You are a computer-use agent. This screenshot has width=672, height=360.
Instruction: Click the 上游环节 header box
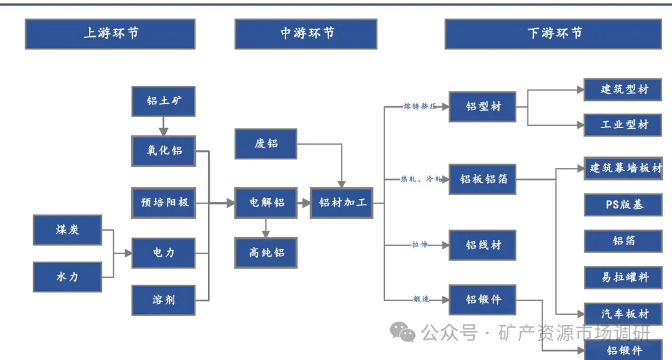pyautogui.click(x=110, y=34)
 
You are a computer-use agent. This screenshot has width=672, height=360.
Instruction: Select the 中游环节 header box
pyautogui.click(x=306, y=34)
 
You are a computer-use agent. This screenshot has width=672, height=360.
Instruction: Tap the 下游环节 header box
pyautogui.click(x=553, y=34)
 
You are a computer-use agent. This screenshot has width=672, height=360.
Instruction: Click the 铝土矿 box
pyautogui.click(x=164, y=101)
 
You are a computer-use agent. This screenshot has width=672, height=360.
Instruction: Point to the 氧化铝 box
pyautogui.click(x=164, y=150)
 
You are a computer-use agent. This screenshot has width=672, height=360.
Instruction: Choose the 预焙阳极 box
pyautogui.click(x=164, y=203)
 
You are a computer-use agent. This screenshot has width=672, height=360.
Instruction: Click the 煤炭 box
pyautogui.click(x=67, y=230)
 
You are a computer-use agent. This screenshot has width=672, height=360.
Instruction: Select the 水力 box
pyautogui.click(x=67, y=277)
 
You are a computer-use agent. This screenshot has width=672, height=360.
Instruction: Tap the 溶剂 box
pyautogui.click(x=164, y=300)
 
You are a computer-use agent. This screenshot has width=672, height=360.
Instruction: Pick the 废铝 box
pyautogui.click(x=266, y=144)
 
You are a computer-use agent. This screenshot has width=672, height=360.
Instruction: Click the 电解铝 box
pyautogui.click(x=266, y=203)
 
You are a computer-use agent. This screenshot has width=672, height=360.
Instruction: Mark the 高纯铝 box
pyautogui.click(x=266, y=252)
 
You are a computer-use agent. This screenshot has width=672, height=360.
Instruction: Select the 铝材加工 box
pyautogui.click(x=342, y=203)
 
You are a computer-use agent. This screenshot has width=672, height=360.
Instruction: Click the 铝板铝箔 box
pyautogui.click(x=483, y=179)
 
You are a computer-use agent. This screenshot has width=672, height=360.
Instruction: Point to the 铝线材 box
pyautogui.click(x=483, y=245)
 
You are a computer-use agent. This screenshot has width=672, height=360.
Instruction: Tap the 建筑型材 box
pyautogui.click(x=624, y=90)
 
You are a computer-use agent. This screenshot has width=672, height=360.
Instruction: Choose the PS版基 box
pyautogui.click(x=624, y=205)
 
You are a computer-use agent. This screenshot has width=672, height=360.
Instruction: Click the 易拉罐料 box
pyautogui.click(x=624, y=277)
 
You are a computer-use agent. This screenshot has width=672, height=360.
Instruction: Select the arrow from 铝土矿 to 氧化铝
pyautogui.click(x=164, y=126)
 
